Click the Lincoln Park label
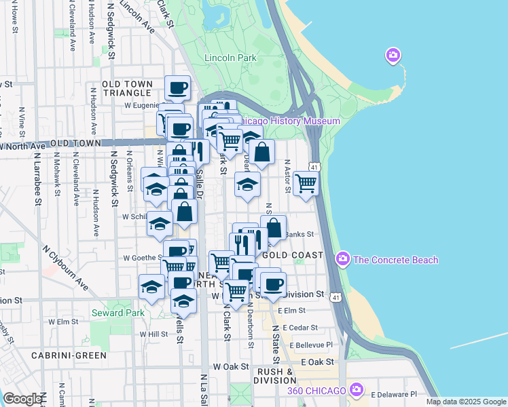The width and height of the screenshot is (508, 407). pos(230,58)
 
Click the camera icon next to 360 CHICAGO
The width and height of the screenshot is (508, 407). pos(357,389)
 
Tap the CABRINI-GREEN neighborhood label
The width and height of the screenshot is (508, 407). pos(69,355)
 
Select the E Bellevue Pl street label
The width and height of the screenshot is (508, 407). pos(314,345)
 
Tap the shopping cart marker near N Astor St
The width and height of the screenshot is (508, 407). pos(306,182)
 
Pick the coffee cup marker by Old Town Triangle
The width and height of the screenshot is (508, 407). pos(178,88)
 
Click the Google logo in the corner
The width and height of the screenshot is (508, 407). pos(22,399)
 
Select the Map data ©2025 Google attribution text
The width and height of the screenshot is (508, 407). pos(465,402)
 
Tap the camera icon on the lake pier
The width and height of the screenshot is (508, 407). pos(393,55)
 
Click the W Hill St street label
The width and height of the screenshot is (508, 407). pos(153,334)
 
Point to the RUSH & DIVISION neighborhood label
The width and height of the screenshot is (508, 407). pos(275,376)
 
